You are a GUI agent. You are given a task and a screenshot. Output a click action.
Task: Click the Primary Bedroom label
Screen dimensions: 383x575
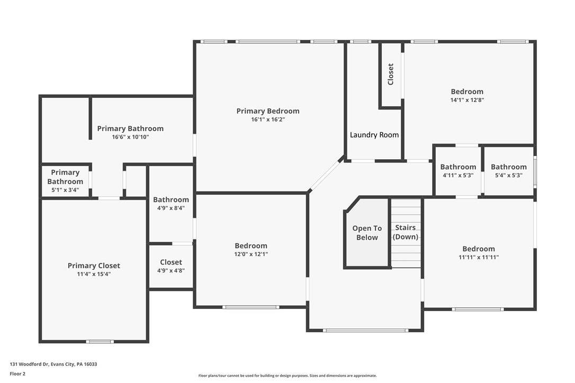pos(267,111)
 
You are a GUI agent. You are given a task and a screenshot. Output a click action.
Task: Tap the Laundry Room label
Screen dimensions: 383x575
pos(374,135)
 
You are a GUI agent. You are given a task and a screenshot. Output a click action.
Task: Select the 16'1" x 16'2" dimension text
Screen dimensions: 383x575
pos(267,120)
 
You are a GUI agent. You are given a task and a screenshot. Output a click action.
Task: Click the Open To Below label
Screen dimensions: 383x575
pos(367,233)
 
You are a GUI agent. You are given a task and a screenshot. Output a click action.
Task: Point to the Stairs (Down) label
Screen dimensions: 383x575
pos(406,232)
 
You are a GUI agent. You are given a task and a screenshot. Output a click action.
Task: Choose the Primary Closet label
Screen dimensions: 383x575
pos(94,266)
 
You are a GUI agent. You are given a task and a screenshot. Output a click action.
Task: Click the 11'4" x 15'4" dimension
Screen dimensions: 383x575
pos(94,274)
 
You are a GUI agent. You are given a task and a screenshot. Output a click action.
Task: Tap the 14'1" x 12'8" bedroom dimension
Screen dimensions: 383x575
pos(467,99)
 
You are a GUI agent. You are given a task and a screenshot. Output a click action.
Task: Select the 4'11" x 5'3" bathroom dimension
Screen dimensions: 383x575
pos(458,175)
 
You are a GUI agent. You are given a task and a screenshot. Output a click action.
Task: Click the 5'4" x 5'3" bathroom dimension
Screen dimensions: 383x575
pos(508,175)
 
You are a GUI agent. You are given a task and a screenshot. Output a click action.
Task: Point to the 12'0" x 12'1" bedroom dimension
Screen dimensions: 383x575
pos(251,254)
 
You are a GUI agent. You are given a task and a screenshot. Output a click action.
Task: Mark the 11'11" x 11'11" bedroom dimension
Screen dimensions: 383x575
pos(479,257)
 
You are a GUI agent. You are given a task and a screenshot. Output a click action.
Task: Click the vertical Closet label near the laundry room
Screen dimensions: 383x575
pos(391,74)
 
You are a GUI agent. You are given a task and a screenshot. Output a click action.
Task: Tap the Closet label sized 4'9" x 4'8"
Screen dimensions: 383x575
pos(171,262)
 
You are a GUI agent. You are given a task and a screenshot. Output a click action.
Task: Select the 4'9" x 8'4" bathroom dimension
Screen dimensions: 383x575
pos(171,208)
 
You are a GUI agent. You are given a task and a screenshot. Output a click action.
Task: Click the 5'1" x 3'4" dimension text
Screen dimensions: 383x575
pos(65,190)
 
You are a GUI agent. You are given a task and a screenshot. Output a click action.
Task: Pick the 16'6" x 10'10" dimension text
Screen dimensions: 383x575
pos(130,137)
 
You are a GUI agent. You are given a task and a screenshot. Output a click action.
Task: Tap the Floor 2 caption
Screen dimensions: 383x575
pos(17,373)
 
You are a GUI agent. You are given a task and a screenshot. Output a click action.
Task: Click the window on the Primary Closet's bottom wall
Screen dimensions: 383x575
pos(100,341)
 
